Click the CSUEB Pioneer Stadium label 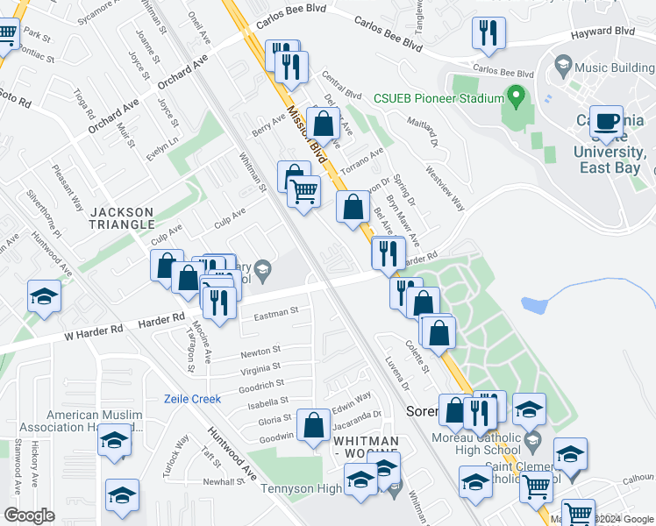(x=439, y=98)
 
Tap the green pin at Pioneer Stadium (x=517, y=96)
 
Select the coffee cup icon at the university (x=606, y=122)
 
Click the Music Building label (x=613, y=66)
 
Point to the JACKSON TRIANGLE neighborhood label (x=122, y=218)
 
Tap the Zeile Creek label (x=193, y=399)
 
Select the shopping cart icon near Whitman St (x=303, y=190)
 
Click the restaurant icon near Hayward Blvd (x=486, y=34)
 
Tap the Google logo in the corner (x=29, y=515)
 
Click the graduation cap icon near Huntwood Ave (x=43, y=297)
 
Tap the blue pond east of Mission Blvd (x=534, y=305)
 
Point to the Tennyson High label (x=303, y=488)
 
